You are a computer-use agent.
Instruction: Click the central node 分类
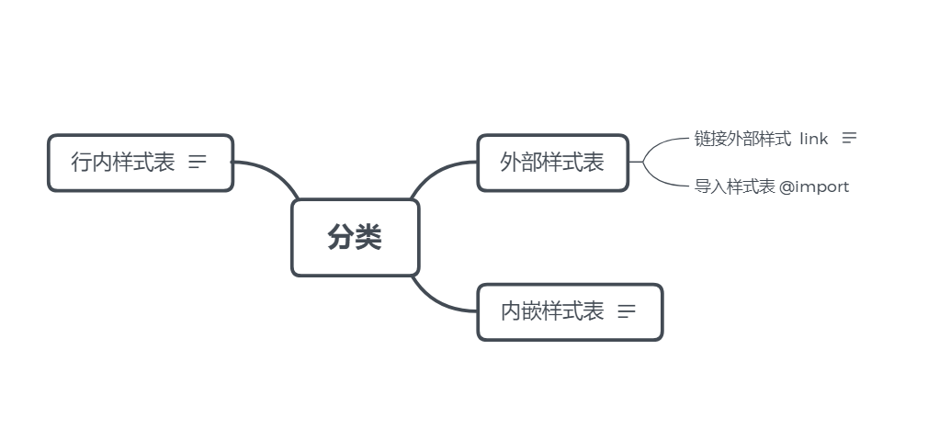pyautogui.click(x=355, y=238)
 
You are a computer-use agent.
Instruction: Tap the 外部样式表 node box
pyautogui.click(x=552, y=164)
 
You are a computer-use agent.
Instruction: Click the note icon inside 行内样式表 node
pyautogui.click(x=198, y=163)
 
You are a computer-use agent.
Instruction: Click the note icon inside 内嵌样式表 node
pyautogui.click(x=627, y=311)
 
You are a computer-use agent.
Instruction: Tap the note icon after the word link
pyautogui.click(x=849, y=138)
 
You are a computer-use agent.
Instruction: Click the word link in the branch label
pyautogui.click(x=813, y=139)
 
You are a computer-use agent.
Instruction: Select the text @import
pyautogui.click(x=814, y=187)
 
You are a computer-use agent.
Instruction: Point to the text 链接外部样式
pyautogui.click(x=742, y=139)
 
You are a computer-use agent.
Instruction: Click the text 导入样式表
pyautogui.click(x=735, y=187)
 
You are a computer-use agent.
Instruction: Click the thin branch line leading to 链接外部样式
pyautogui.click(x=663, y=144)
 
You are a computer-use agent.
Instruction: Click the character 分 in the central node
pyautogui.click(x=341, y=238)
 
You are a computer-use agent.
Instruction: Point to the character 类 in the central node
pyautogui.click(x=368, y=238)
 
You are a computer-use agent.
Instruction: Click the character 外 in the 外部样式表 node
pyautogui.click(x=511, y=164)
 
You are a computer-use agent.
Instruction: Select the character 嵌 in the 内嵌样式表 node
pyautogui.click(x=531, y=312)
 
